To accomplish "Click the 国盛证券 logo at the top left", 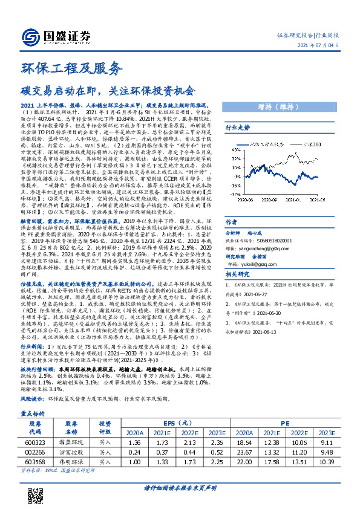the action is click(x=51, y=35).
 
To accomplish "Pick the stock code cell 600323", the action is click(x=35, y=443).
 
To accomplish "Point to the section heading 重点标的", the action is click(x=34, y=414).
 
